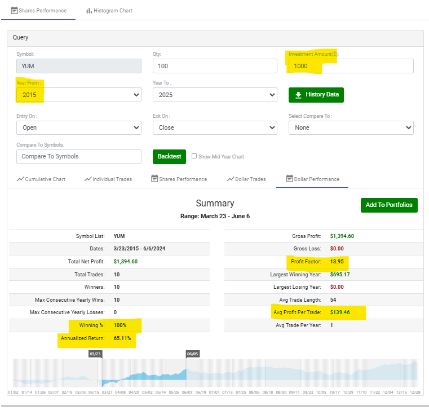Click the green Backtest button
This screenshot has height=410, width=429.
[169, 157]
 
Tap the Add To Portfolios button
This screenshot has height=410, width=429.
[389, 205]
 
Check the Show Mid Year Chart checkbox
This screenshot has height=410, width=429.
[194, 156]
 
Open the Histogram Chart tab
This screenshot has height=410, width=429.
[109, 11]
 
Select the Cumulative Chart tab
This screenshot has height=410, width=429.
[41, 179]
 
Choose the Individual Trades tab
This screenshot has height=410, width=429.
[108, 179]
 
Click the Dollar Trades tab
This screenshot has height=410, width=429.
[246, 179]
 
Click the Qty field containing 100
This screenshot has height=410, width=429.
[215, 66]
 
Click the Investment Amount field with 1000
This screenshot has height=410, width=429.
[351, 66]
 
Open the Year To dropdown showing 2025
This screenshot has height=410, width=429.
[215, 95]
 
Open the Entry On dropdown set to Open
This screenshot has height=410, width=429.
[79, 127]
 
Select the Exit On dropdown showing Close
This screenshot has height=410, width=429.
[215, 127]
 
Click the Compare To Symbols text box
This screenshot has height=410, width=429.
[79, 156]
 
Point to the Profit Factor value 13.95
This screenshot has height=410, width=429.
[337, 261]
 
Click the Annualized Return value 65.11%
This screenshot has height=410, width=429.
[122, 338]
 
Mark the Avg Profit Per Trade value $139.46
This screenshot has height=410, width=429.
[340, 312]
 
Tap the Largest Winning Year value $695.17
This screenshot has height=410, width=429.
[340, 275]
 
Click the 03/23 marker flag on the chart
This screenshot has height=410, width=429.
[95, 354]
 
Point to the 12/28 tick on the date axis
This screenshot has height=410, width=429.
[415, 392]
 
